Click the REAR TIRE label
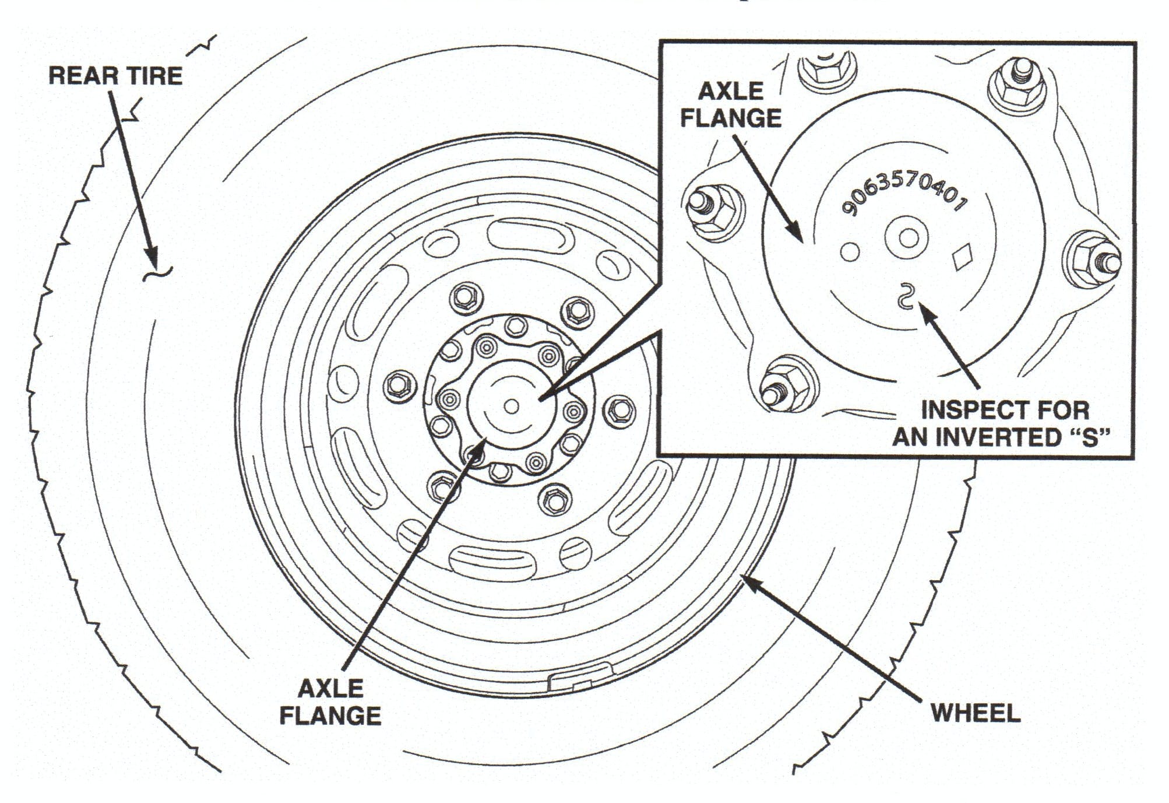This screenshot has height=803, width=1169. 115,76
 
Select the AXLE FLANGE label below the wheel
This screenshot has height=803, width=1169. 330,702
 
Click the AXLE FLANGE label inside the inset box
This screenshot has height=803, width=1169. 731,105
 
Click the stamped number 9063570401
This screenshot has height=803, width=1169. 904,193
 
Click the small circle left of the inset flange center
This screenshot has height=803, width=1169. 850,252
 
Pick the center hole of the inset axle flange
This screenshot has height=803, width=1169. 907,238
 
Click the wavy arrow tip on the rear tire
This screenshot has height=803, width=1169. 156,272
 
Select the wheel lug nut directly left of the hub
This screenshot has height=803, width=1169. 400,385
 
